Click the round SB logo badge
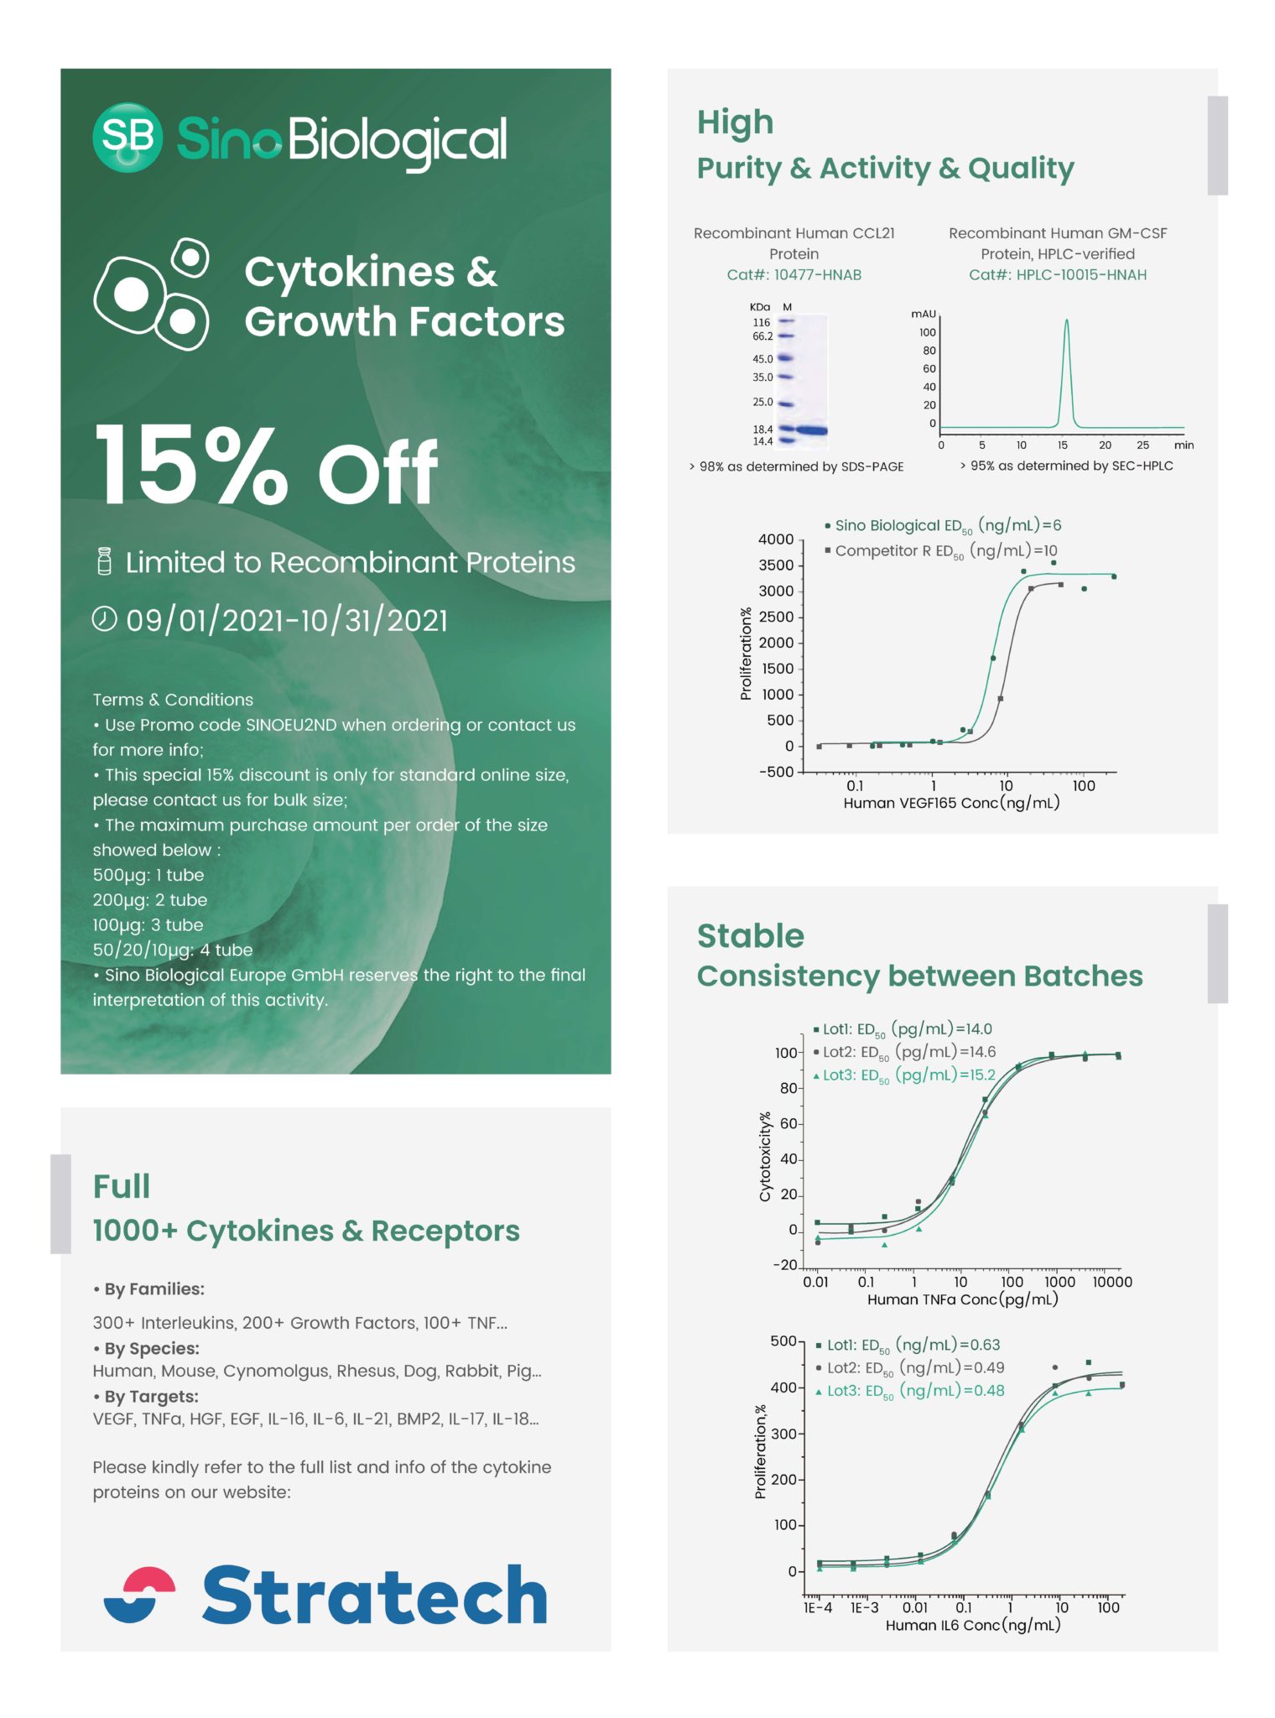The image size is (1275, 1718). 127,138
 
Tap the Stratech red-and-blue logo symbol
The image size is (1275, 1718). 139,1595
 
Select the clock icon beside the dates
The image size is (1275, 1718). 104,619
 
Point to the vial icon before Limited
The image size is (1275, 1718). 104,561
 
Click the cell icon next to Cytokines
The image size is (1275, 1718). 152,294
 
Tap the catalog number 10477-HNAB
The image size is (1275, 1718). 817,274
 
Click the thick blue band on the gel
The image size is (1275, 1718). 811,430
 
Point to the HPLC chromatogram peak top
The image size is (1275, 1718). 1066,321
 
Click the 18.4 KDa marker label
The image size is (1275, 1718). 762,429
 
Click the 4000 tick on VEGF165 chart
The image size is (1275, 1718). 775,539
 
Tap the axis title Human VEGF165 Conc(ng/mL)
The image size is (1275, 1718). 951,803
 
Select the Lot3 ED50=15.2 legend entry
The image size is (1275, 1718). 906,1075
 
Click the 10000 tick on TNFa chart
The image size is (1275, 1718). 1111,1282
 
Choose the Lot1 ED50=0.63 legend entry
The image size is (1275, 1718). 910,1345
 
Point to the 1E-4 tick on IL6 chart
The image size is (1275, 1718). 818,1607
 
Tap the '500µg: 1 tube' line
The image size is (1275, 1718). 148,875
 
